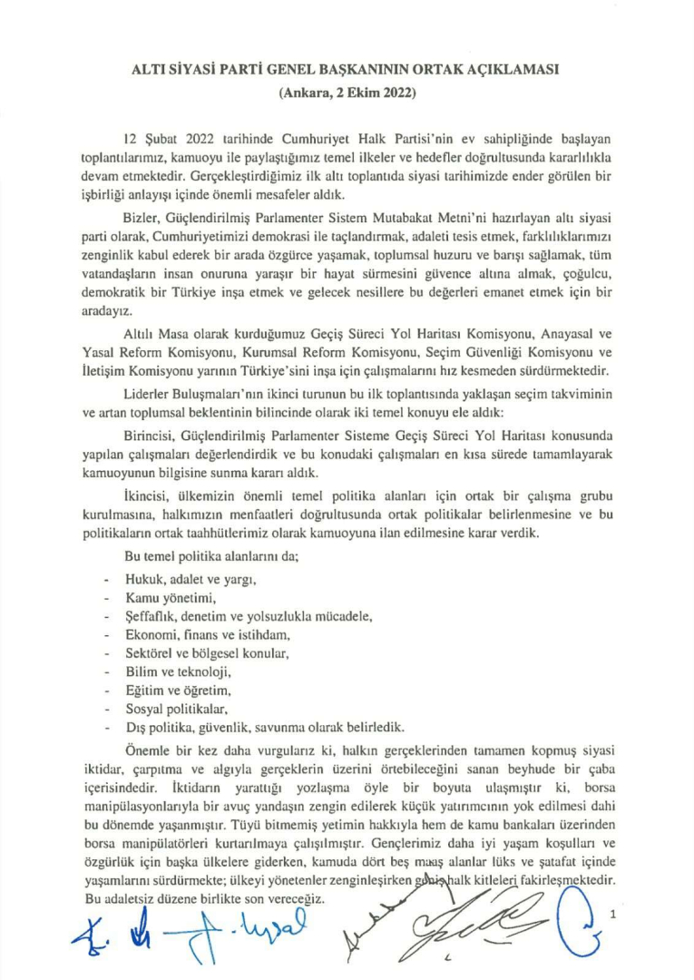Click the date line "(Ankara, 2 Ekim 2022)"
coord(347,92)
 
